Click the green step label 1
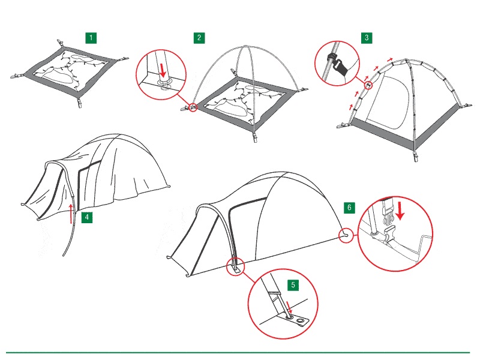(x=91, y=38)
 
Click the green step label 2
(x=199, y=38)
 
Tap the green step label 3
(x=367, y=38)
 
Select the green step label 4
(x=87, y=217)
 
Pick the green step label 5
(x=293, y=285)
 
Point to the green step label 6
(x=349, y=208)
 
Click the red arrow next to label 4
(x=71, y=214)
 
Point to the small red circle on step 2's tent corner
(x=193, y=107)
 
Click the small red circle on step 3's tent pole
(x=369, y=85)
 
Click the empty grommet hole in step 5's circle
(x=301, y=320)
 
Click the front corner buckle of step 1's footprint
(x=80, y=103)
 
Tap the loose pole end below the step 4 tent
(x=64, y=254)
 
